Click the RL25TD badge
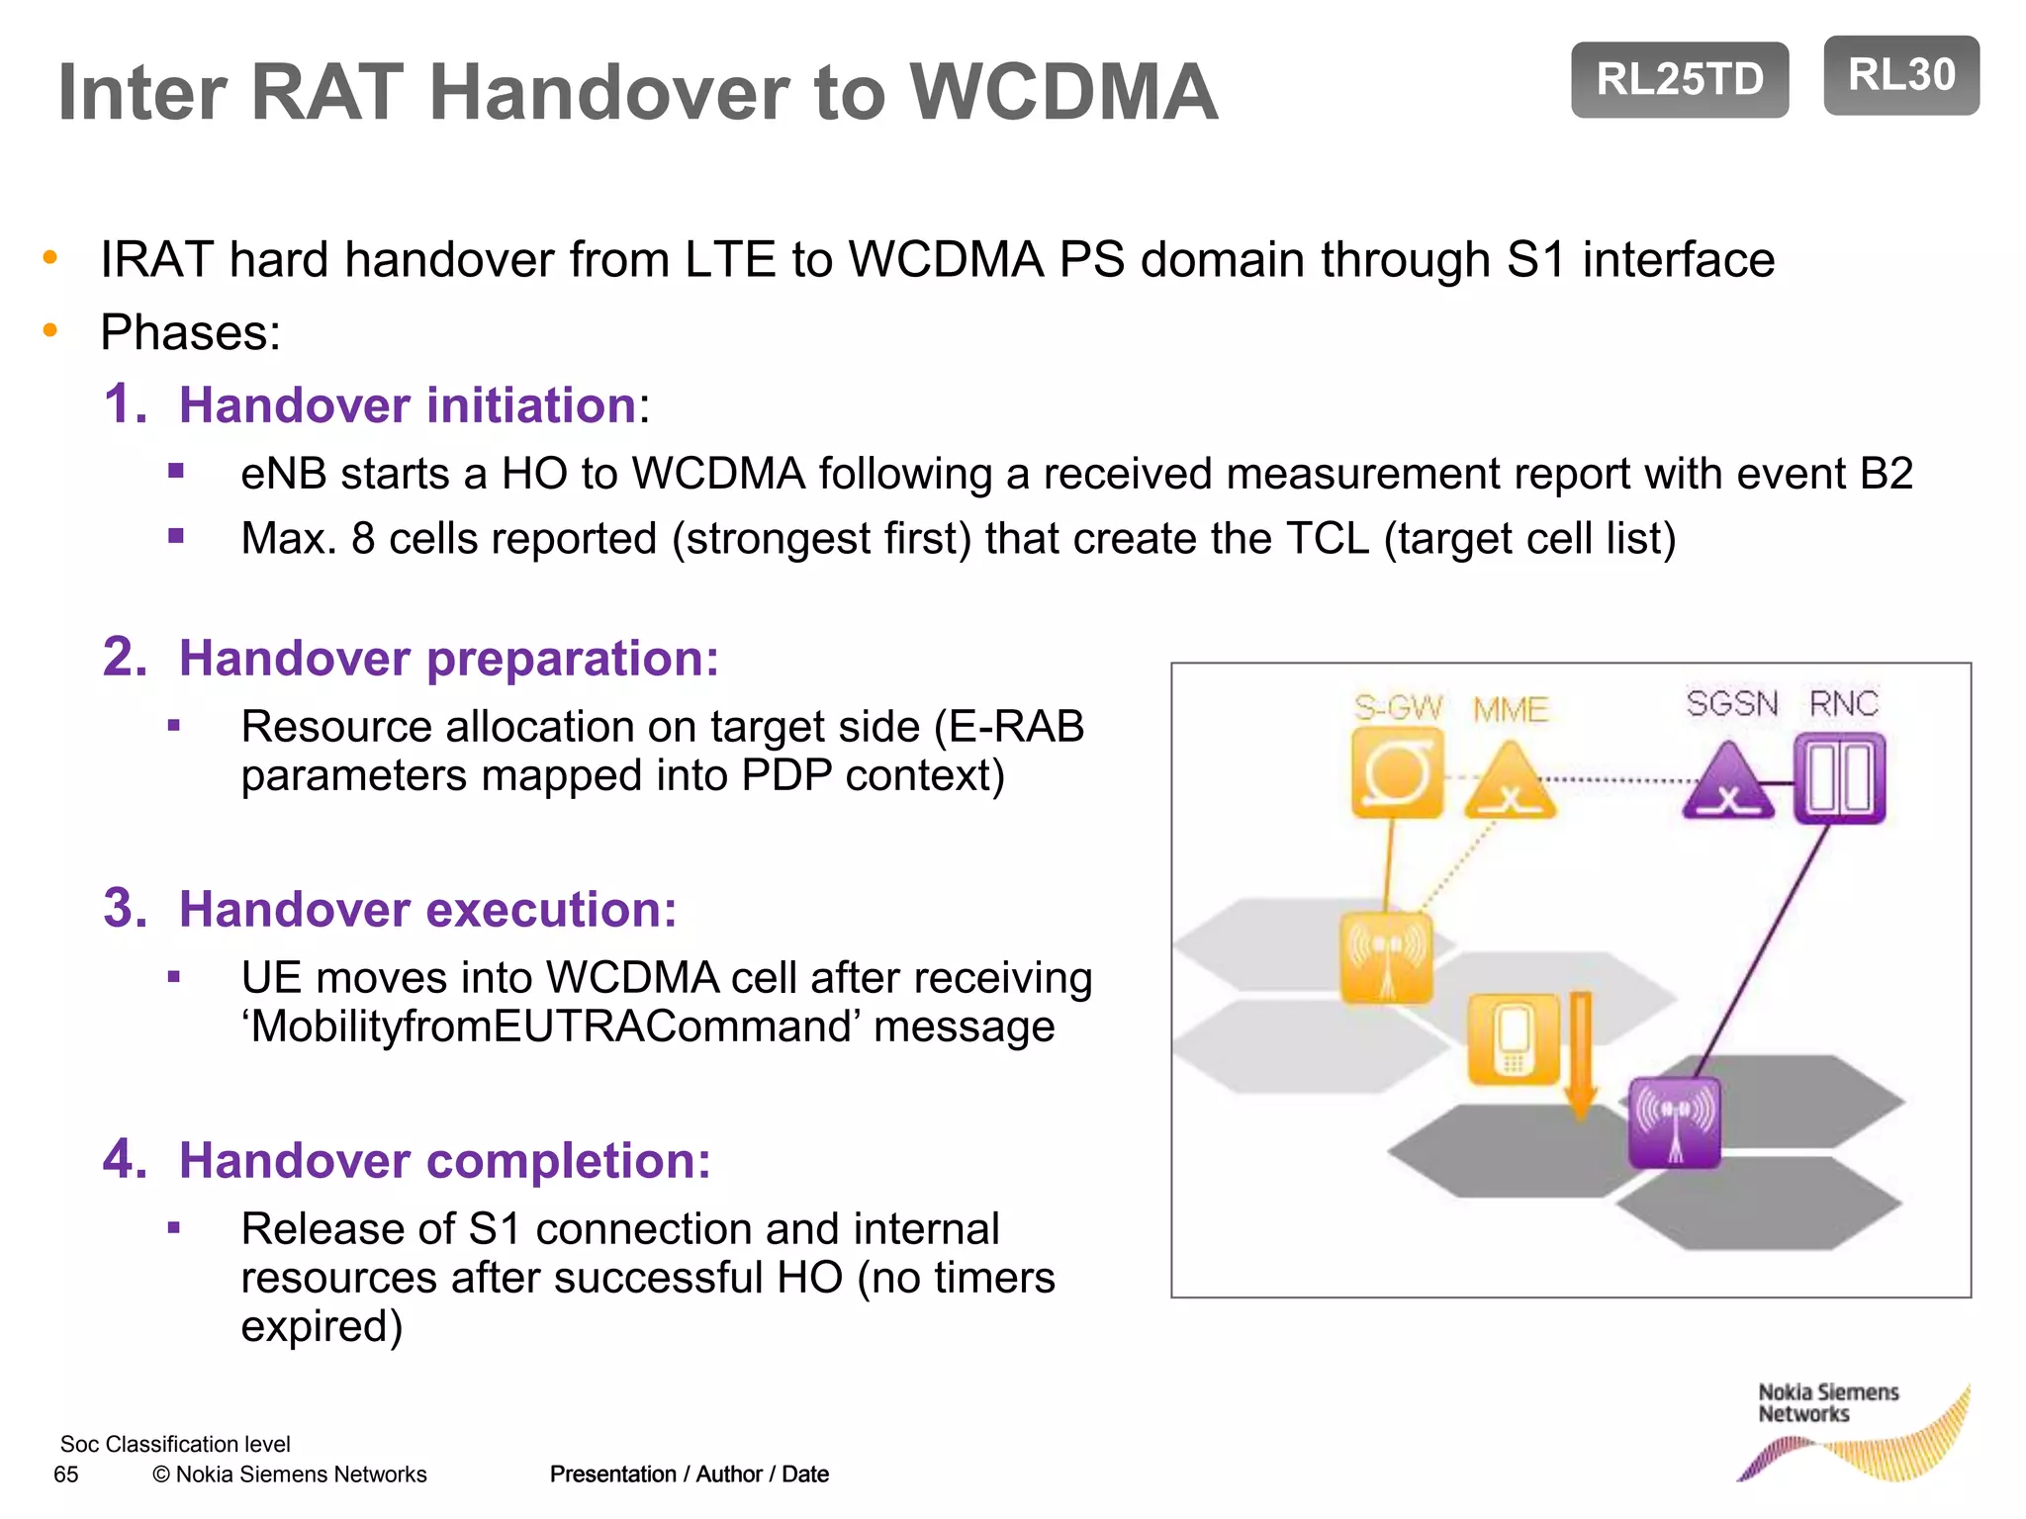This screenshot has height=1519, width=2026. pyautogui.click(x=1679, y=79)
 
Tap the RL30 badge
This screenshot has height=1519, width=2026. pyautogui.click(x=1900, y=75)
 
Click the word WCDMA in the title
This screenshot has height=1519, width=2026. pyautogui.click(x=1062, y=92)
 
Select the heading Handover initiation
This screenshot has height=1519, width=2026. pyautogui.click(x=407, y=405)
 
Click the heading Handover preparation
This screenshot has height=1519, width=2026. pyautogui.click(x=447, y=658)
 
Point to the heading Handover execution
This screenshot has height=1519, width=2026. pyautogui.click(x=426, y=909)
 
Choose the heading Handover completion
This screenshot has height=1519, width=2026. pyautogui.click(x=444, y=1160)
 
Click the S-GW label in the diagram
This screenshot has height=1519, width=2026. pyautogui.click(x=1398, y=707)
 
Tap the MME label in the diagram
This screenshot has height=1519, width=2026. pyautogui.click(x=1510, y=709)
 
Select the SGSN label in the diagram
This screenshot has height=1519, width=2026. pyautogui.click(x=1731, y=703)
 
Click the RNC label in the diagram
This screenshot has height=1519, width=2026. pyautogui.click(x=1843, y=703)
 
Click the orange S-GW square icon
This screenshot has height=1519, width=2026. pyautogui.click(x=1397, y=773)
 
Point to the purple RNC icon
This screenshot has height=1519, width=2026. pyautogui.click(x=1839, y=778)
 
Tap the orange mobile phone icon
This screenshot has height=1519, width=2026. pyautogui.click(x=1513, y=1038)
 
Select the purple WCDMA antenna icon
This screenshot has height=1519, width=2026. pyautogui.click(x=1674, y=1122)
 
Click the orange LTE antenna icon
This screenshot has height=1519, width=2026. pyautogui.click(x=1386, y=957)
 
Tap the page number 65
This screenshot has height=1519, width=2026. pyautogui.click(x=66, y=1474)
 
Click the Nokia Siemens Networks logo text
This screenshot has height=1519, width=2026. pyautogui.click(x=1827, y=1403)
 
